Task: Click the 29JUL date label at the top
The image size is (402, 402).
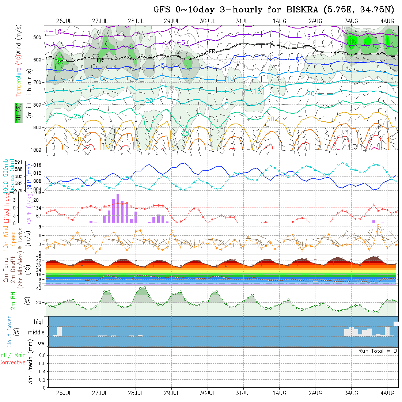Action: click(x=171, y=21)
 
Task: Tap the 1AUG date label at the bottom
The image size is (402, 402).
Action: click(x=280, y=393)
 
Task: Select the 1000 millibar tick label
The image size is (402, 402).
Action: click(x=36, y=150)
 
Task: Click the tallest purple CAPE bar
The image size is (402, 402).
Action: click(x=118, y=208)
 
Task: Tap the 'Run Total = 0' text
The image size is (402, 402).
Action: click(x=378, y=351)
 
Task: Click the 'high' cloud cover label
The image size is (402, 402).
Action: click(x=39, y=322)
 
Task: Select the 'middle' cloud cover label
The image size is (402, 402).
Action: click(x=37, y=333)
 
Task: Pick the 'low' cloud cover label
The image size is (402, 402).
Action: click(x=40, y=343)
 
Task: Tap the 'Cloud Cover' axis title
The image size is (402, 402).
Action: click(x=10, y=332)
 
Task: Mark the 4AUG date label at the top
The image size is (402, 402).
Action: click(x=387, y=21)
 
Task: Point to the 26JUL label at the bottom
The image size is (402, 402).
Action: click(x=64, y=393)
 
